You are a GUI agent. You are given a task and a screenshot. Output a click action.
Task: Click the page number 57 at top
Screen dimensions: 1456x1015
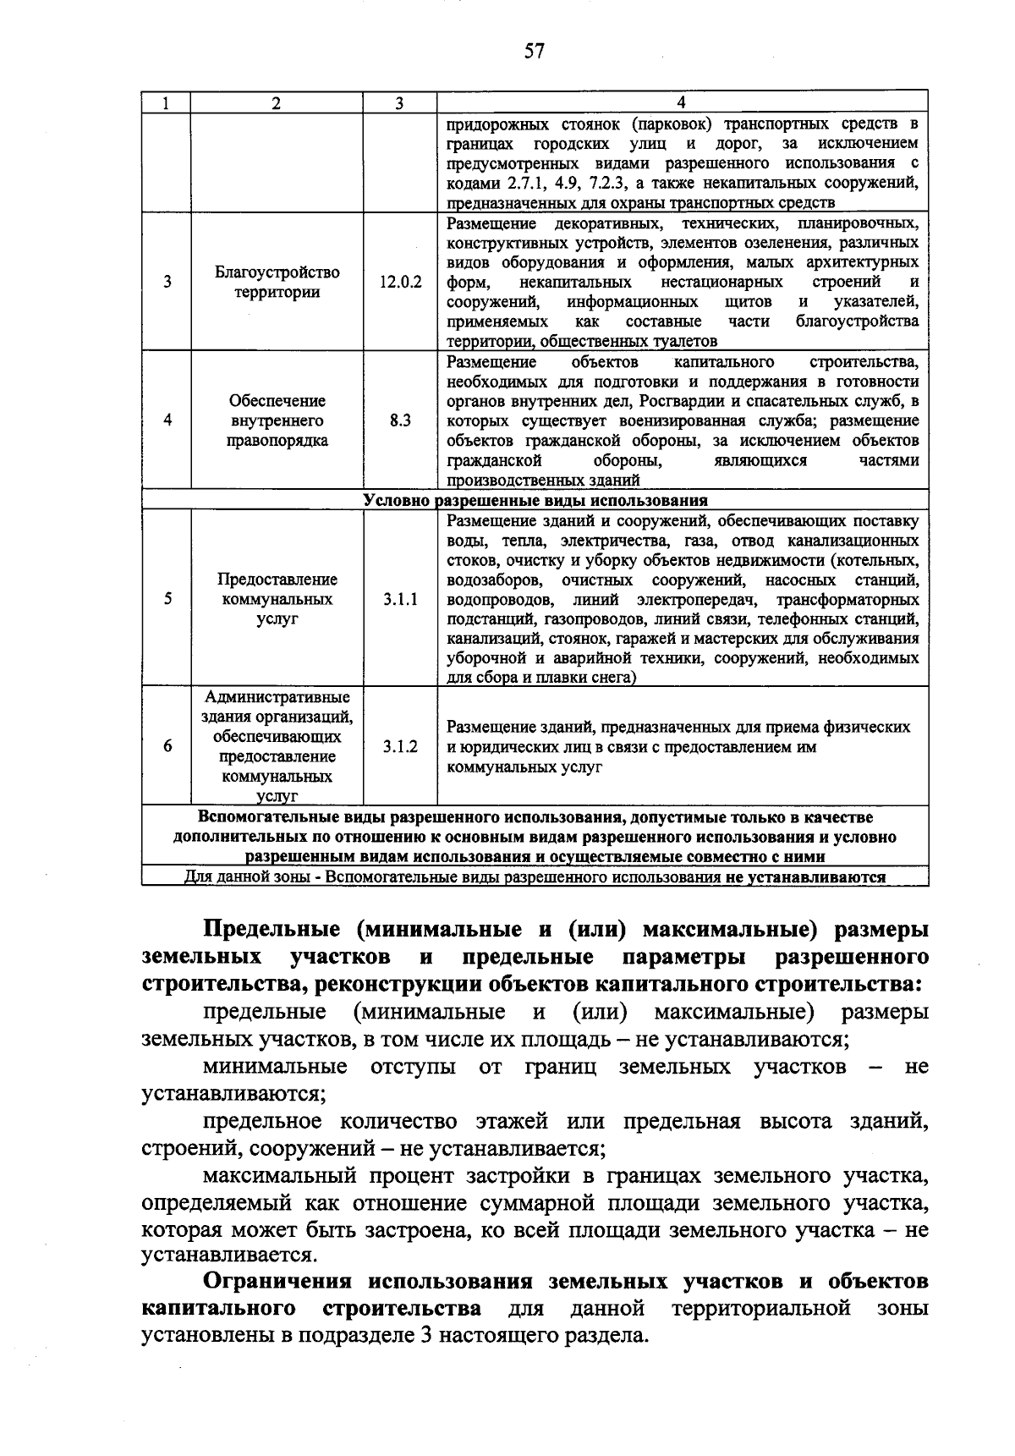(534, 52)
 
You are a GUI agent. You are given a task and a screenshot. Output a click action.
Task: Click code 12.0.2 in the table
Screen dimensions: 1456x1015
(400, 283)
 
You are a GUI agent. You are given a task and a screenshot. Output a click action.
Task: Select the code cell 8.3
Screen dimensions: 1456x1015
(400, 420)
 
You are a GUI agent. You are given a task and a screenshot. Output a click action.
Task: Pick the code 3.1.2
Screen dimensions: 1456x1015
(400, 746)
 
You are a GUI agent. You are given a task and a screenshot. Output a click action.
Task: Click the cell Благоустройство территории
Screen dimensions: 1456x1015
(277, 283)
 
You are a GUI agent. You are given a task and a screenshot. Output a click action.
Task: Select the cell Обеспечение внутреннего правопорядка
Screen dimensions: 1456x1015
(277, 420)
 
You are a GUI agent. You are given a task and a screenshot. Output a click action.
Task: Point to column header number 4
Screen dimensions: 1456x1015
(682, 103)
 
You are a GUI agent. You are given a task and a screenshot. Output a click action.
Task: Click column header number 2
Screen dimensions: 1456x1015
(277, 103)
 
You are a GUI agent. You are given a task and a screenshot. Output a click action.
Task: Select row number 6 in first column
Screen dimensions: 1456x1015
(167, 746)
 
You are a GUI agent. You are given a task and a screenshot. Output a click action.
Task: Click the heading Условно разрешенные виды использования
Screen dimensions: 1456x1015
(535, 501)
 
